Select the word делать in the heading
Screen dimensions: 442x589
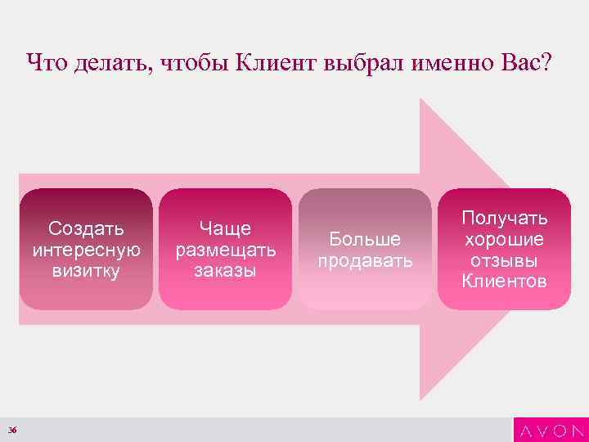[103, 63]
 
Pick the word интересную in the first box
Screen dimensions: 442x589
[86, 248]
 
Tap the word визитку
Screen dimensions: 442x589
[86, 269]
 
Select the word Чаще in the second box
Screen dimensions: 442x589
[226, 227]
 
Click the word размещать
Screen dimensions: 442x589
[226, 248]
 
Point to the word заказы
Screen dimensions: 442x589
[226, 269]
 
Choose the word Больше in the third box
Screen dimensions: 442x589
[365, 239]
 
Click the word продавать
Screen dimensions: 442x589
[365, 260]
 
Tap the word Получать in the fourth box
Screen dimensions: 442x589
[505, 218]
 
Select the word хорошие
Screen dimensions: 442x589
[505, 239]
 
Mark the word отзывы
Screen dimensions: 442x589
[505, 260]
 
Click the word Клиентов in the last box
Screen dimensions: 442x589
[505, 282]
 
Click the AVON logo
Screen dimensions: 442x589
[550, 430]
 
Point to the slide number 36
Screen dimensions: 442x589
[13, 431]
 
